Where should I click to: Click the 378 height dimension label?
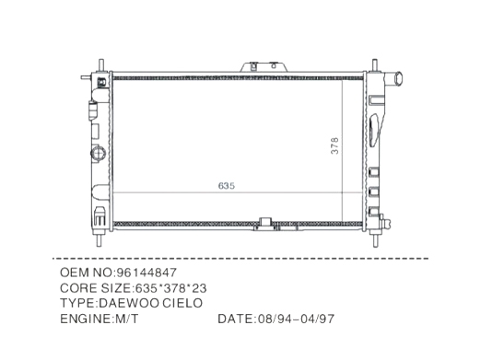(x=335, y=148)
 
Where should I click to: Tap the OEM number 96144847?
(x=147, y=273)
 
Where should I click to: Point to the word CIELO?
(x=184, y=302)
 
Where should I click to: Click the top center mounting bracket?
(x=253, y=68)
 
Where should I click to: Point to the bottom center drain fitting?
(x=266, y=223)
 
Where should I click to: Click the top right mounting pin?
(x=377, y=64)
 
